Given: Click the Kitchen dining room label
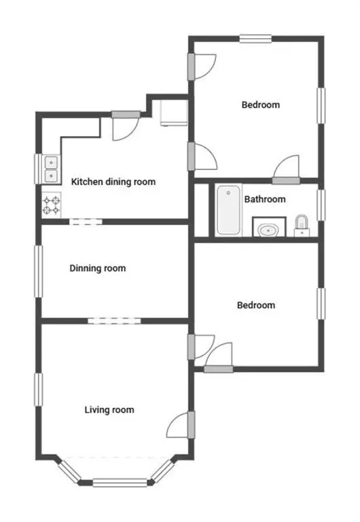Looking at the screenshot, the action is coord(113,181).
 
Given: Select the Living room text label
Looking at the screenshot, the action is coord(109,409).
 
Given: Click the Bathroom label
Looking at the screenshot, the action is coord(265,199).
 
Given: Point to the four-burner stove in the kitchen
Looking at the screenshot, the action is coord(51,205).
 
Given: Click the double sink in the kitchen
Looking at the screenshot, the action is coord(51,169).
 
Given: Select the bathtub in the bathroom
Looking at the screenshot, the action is coord(229,210).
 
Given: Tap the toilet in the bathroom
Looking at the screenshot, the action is coord(302,226).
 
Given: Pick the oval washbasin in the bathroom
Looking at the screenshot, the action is coord(268,230).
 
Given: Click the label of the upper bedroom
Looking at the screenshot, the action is coord(261,105).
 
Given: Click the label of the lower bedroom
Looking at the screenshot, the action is coord(256,305).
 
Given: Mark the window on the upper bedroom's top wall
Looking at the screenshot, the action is coord(255,39).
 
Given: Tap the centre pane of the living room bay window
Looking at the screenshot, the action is coord(120,483).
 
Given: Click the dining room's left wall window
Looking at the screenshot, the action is coord(39,271).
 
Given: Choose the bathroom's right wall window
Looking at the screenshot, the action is coord(321,205).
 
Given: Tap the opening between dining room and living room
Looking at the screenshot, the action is coord(115,321).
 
